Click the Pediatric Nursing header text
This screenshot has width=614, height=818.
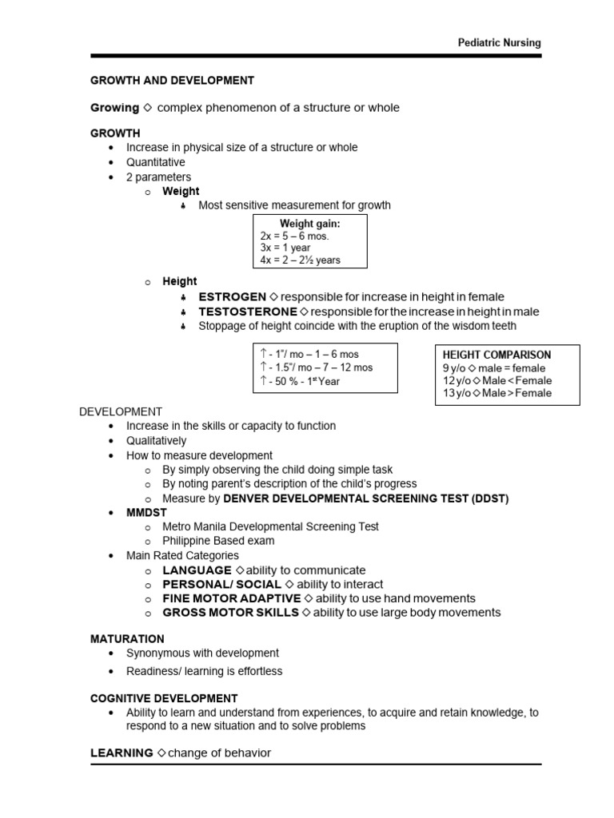498,43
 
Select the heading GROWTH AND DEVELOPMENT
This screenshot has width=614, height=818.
172,81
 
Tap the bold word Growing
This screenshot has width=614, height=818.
114,108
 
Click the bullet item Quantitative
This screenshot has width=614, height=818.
155,162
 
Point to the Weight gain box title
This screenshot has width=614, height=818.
309,224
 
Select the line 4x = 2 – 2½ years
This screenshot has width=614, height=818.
300,260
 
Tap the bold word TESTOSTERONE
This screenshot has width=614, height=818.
248,312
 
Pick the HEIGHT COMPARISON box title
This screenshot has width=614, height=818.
496,355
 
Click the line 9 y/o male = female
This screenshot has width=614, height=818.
494,368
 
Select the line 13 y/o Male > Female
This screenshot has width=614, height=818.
496,393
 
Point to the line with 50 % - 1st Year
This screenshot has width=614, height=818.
301,381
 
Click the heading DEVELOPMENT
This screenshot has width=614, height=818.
120,411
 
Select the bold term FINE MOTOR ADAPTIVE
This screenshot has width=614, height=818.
232,598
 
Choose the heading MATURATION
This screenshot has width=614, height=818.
127,639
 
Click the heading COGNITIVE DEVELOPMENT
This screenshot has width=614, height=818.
164,698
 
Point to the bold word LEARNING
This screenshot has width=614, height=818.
122,753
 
